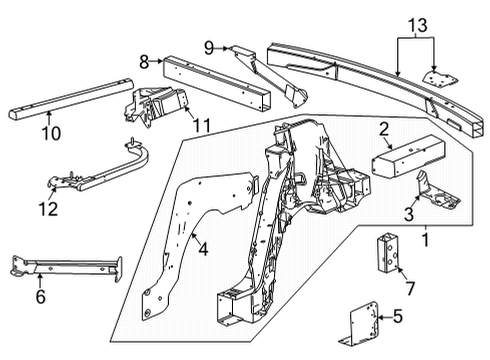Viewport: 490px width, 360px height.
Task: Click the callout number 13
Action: click(x=418, y=25)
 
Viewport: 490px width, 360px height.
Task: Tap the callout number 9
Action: click(x=209, y=48)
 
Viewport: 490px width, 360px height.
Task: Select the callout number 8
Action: click(x=144, y=62)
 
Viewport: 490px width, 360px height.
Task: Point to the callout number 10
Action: click(x=51, y=133)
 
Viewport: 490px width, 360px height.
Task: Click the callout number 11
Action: click(x=202, y=126)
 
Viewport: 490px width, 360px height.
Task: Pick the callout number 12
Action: click(x=48, y=209)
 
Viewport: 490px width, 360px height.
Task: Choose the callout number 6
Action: click(x=41, y=297)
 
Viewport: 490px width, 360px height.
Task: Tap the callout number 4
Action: click(x=203, y=249)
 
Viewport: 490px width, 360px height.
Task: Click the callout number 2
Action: click(x=384, y=129)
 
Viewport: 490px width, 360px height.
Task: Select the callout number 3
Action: click(x=409, y=214)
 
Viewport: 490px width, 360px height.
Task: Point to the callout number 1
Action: click(x=425, y=240)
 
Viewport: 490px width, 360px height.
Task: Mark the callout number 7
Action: click(x=410, y=288)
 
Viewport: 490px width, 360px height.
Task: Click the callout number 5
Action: click(x=398, y=316)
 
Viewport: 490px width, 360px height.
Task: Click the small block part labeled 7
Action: click(x=388, y=252)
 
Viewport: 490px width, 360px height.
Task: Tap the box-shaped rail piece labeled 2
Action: click(x=408, y=155)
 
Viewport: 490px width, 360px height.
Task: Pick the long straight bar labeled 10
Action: click(x=71, y=98)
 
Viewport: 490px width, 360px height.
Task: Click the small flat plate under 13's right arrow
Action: click(x=440, y=79)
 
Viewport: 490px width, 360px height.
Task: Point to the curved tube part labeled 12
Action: click(x=100, y=167)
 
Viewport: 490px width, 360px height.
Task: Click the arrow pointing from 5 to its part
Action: click(x=384, y=318)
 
